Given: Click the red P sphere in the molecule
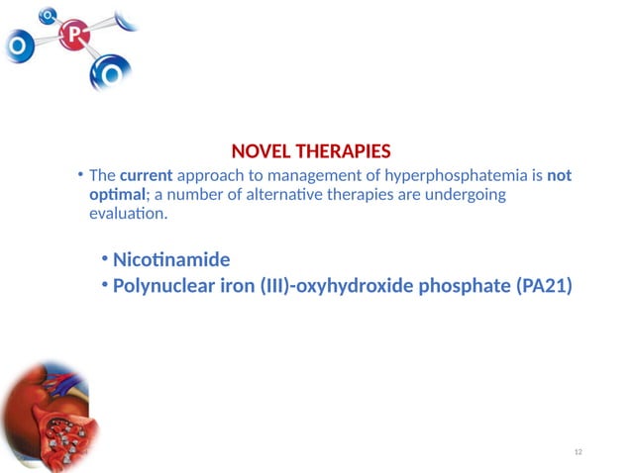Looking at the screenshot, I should pos(73,37).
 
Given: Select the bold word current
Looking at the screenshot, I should pos(147,175).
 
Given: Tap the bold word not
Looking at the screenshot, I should pos(560,175).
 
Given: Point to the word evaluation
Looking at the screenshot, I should pos(127,213).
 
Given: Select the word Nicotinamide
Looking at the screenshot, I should pos(171,260).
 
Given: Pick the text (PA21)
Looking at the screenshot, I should pos(544,286).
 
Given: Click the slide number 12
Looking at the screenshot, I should pos(579,452).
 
